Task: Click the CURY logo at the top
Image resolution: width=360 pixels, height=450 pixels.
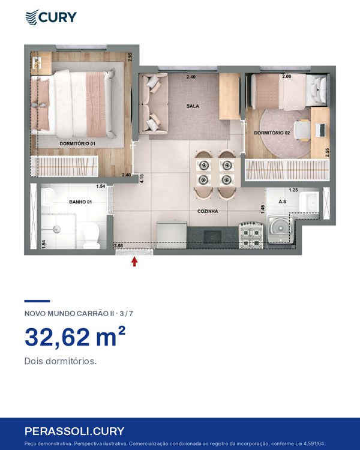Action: (51, 17)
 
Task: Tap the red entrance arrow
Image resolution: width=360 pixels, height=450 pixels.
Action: (134, 262)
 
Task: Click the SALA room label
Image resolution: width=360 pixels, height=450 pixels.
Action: (193, 106)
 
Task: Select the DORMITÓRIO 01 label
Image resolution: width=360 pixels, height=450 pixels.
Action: (77, 143)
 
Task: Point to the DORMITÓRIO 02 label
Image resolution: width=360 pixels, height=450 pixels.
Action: (272, 133)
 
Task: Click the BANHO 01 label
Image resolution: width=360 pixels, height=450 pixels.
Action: (80, 202)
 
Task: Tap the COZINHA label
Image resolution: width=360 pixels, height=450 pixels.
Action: (208, 211)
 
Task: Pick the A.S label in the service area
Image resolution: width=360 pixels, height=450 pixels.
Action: (283, 202)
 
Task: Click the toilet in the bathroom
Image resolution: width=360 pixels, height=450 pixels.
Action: (91, 236)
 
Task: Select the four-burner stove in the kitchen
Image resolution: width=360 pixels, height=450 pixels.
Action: (251, 235)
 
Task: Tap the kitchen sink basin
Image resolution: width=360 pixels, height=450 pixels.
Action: (212, 237)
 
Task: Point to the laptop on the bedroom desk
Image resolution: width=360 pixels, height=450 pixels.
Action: (320, 130)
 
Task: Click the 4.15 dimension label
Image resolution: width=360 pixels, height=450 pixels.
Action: (142, 179)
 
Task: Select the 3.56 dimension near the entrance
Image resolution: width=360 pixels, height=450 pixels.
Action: (118, 245)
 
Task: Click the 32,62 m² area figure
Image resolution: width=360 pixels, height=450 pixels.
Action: (75, 337)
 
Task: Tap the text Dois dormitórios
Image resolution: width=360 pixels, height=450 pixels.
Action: (60, 361)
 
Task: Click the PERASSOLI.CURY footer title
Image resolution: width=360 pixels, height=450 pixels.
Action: (74, 431)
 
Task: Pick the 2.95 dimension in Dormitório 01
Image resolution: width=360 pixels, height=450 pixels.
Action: (130, 57)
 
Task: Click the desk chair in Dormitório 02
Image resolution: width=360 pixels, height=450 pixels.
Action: (302, 130)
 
